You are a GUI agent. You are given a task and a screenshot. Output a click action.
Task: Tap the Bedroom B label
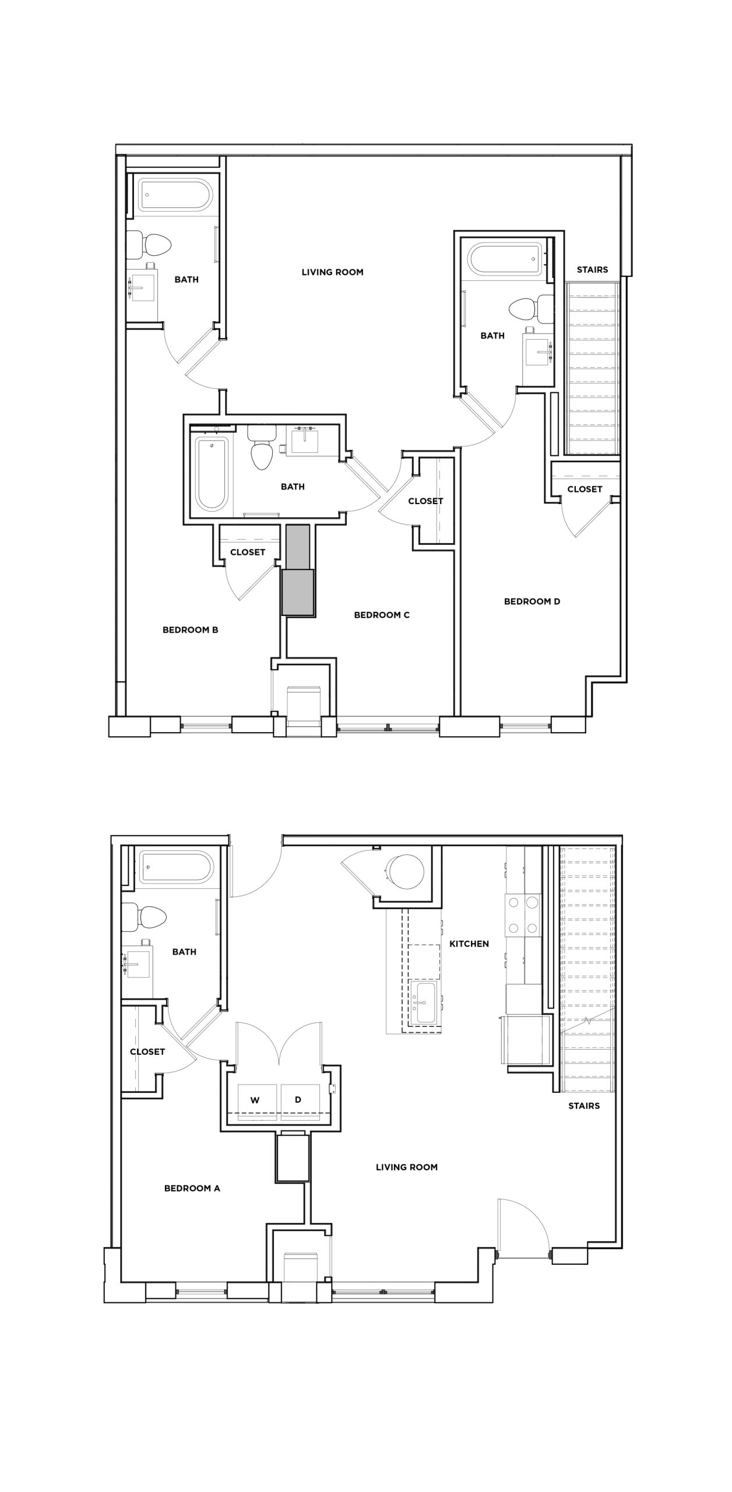[x=190, y=629]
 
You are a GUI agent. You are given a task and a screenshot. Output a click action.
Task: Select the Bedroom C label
[x=382, y=614]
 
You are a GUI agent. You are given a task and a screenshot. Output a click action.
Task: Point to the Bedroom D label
[x=532, y=601]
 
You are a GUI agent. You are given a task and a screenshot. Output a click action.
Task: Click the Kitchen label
[x=469, y=943]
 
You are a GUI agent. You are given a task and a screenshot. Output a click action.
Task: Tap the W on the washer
[x=255, y=1100]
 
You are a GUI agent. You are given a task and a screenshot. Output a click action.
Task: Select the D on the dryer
[x=298, y=1099]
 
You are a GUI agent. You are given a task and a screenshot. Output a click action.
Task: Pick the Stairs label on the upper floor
[x=592, y=269]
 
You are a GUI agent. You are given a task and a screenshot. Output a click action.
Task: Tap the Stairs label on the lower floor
[x=583, y=1105]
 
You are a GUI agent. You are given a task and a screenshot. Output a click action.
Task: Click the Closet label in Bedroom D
[x=585, y=489]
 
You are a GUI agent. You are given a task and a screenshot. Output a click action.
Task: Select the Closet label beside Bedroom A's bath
[x=147, y=1051]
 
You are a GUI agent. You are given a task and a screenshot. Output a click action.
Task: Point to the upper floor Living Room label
[x=332, y=272]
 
